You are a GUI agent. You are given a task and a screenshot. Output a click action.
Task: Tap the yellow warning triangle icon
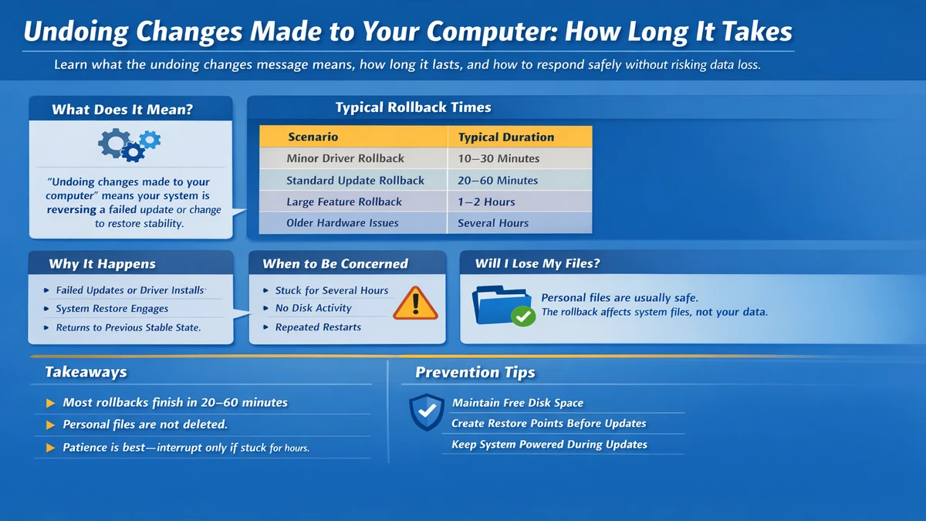415,303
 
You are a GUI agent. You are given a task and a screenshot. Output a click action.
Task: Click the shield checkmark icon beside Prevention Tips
426,412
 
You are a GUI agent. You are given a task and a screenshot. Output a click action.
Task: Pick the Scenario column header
313,137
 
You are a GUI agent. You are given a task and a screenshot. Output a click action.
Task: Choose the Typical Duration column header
505,137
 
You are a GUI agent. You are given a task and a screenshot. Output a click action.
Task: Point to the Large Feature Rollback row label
344,201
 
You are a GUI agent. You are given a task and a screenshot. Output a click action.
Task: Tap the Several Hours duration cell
493,223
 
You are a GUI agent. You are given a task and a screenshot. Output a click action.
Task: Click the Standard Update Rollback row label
355,180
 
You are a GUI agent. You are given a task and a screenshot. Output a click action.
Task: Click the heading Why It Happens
102,264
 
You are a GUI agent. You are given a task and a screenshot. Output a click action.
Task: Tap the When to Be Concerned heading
335,264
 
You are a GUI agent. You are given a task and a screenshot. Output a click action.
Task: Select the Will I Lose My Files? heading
537,264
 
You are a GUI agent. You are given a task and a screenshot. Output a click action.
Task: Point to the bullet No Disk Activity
313,308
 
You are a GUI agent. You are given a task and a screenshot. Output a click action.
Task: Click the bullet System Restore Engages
112,309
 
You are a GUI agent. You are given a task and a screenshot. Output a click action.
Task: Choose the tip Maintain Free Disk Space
517,403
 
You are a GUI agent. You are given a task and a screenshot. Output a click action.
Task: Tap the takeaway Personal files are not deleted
145,425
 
